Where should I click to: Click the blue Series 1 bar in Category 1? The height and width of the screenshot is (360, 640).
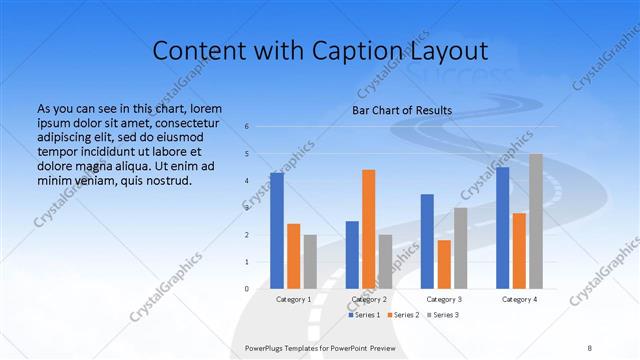[277, 231]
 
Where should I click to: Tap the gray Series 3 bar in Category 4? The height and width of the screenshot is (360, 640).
[536, 221]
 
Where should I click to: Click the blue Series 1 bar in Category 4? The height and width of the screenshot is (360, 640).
[503, 228]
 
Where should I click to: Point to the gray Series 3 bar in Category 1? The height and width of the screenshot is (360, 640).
[310, 262]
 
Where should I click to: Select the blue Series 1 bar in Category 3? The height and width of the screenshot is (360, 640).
[427, 241]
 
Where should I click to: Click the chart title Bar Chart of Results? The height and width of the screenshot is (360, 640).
[402, 110]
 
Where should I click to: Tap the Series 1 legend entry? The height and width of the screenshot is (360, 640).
[364, 315]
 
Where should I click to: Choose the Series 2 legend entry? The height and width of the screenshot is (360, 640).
[403, 315]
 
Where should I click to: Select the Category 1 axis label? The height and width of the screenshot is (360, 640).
[293, 299]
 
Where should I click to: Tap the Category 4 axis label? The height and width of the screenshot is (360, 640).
[519, 299]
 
